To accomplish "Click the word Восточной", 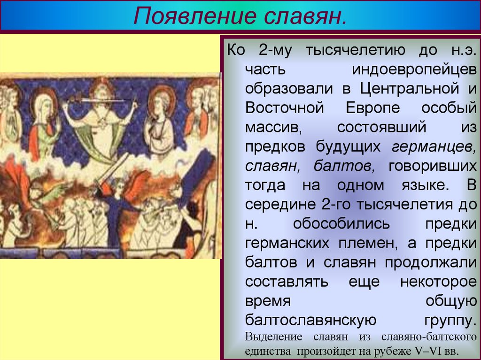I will [285, 107].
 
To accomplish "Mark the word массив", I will [272, 127].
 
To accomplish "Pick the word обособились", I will [341, 224].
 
